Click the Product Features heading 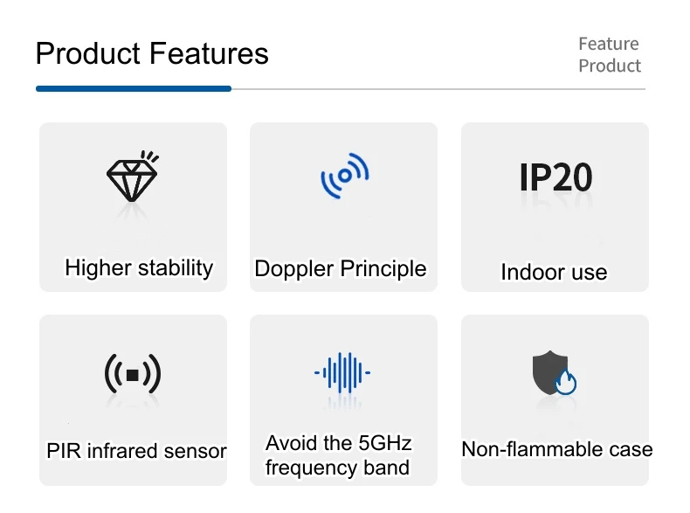(152, 54)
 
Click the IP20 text (555, 177)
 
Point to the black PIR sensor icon (133, 374)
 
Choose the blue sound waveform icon (343, 373)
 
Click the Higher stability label (139, 267)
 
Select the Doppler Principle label (341, 268)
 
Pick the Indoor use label (554, 272)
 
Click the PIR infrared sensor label (136, 451)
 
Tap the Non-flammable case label (556, 449)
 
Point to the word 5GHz (385, 442)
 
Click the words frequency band (337, 468)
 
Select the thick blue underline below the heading (134, 88)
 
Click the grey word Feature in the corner (609, 44)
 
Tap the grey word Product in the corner (610, 66)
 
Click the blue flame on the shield (567, 382)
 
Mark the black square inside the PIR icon (133, 375)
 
